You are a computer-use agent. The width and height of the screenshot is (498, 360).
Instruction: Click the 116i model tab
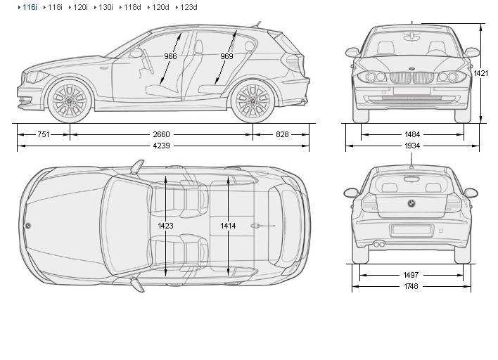tap(28, 7)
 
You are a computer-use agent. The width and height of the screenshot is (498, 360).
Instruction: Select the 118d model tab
tap(131, 7)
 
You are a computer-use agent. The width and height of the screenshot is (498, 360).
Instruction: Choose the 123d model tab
tap(188, 7)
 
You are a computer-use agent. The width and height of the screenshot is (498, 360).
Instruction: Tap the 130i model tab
tap(105, 7)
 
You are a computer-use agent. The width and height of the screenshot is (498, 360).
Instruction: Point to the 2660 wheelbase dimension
tap(161, 134)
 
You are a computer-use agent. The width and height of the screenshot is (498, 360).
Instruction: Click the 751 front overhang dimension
tap(44, 134)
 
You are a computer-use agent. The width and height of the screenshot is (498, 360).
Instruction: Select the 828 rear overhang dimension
tap(281, 134)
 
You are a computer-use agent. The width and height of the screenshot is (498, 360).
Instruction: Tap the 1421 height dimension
tap(481, 73)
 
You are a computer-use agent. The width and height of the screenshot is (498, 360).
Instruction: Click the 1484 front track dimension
tap(413, 134)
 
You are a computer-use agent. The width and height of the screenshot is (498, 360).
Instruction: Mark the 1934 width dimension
tap(413, 146)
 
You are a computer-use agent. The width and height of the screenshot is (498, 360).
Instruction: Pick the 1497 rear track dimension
tap(412, 275)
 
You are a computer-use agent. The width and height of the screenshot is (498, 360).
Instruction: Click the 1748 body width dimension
tap(412, 287)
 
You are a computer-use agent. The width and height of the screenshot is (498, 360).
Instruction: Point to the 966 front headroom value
tap(171, 56)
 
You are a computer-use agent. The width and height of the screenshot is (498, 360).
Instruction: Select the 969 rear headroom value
tap(226, 56)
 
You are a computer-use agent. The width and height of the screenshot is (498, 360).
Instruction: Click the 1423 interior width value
tap(166, 226)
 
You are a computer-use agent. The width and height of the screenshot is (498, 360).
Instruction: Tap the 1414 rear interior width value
tap(228, 226)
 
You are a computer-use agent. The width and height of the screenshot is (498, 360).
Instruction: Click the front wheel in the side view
tap(70, 101)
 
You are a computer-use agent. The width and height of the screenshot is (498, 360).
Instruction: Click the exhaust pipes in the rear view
tap(379, 244)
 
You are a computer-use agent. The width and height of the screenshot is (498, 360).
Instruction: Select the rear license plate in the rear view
tap(411, 230)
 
